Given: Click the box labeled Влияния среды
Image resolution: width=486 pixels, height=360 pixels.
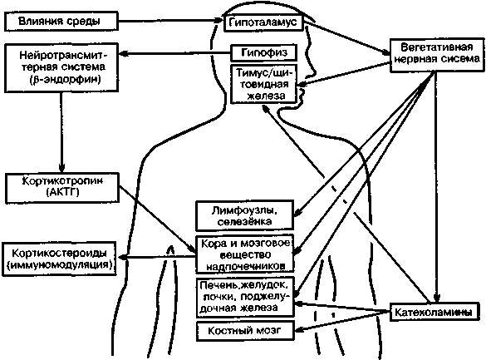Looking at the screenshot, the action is pyautogui.click(x=61, y=21).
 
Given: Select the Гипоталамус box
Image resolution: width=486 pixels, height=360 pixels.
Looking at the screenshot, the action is pyautogui.click(x=263, y=22).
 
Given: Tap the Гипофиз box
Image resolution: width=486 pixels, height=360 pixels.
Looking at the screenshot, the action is pyautogui.click(x=264, y=52).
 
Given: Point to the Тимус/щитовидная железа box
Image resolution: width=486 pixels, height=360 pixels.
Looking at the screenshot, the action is pyautogui.click(x=263, y=84).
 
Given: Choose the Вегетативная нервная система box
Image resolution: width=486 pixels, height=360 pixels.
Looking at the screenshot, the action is pyautogui.click(x=437, y=56).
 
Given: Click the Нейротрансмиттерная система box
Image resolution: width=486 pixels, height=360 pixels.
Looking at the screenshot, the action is pyautogui.click(x=61, y=67).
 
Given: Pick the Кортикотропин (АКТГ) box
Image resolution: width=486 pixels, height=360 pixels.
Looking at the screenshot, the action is pyautogui.click(x=62, y=188).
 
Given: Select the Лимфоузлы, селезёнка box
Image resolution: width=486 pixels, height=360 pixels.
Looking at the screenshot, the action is pyautogui.click(x=244, y=215).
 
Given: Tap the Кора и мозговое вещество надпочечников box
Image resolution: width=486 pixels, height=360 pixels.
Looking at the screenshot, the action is pyautogui.click(x=245, y=254).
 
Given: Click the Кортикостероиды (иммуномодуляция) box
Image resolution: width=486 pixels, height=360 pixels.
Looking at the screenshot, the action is pyautogui.click(x=59, y=259).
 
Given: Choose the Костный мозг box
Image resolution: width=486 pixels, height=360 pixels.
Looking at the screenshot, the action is pyautogui.click(x=245, y=331).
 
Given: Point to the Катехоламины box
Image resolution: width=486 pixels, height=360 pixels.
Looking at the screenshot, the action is pyautogui.click(x=434, y=312).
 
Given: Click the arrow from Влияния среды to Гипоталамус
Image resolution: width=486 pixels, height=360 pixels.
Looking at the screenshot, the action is pyautogui.click(x=171, y=21).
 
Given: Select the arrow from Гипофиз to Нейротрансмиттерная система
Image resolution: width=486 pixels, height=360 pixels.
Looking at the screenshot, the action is pyautogui.click(x=174, y=53).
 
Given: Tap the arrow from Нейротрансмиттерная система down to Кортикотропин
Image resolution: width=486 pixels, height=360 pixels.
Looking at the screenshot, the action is pyautogui.click(x=61, y=132).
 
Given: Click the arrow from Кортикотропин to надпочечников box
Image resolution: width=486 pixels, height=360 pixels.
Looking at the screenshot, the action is pyautogui.click(x=158, y=219).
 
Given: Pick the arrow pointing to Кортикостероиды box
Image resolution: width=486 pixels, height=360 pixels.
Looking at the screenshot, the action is pyautogui.click(x=158, y=257).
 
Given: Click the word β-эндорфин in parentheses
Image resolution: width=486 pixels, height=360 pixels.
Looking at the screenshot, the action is pyautogui.click(x=66, y=80).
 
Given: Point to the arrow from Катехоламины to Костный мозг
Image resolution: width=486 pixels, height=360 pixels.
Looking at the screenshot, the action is pyautogui.click(x=341, y=321).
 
